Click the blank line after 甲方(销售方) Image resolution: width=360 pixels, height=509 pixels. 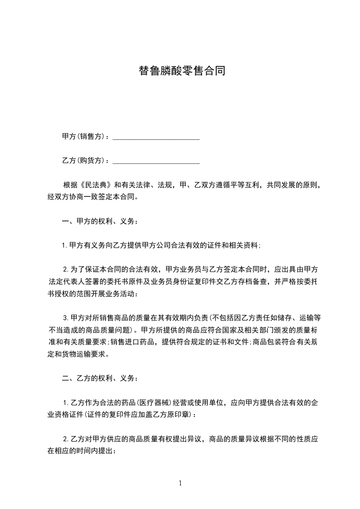[x=156, y=137]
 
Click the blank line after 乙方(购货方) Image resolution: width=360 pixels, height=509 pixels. [x=156, y=161]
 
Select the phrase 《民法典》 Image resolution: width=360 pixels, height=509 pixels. [x=96, y=185]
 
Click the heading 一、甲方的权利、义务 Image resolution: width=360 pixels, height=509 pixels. [x=99, y=221]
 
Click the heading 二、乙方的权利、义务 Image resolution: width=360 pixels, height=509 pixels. [x=99, y=378]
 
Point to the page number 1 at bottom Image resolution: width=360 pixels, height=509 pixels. [x=180, y=483]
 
